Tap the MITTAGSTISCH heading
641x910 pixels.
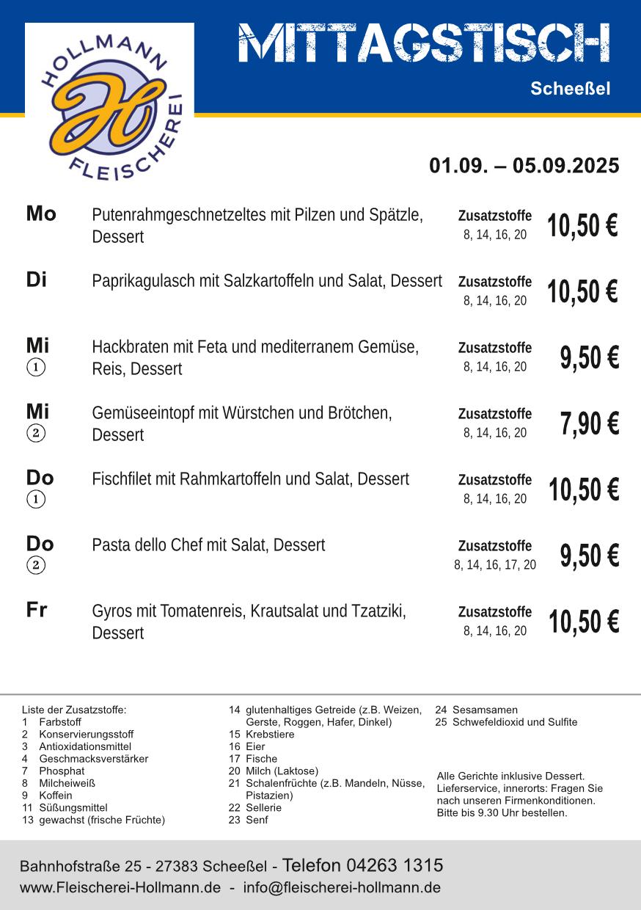(424, 43)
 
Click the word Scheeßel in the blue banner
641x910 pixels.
(570, 90)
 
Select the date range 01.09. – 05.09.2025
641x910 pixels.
(524, 166)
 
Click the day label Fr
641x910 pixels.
(37, 610)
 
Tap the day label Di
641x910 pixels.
(37, 280)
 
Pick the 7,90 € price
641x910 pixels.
(590, 424)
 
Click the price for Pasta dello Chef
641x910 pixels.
(590, 556)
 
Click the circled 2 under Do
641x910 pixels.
(36, 565)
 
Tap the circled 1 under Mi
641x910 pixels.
(36, 367)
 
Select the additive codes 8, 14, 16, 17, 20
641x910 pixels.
(495, 565)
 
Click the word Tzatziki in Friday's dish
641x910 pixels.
(378, 611)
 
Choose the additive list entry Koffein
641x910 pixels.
(56, 796)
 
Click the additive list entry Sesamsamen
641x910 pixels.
(485, 710)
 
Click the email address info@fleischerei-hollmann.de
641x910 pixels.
(342, 887)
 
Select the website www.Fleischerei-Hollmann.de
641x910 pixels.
(120, 887)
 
